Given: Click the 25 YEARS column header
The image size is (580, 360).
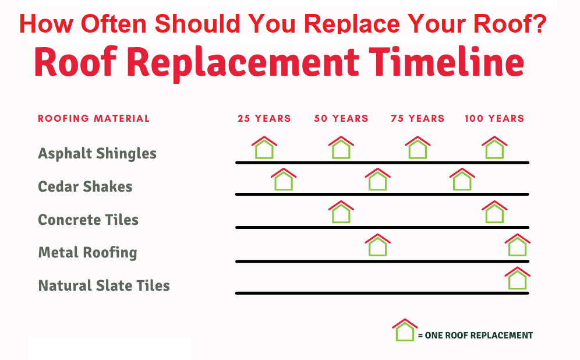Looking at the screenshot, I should [264, 118].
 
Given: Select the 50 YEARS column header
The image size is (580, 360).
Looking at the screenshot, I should [341, 118].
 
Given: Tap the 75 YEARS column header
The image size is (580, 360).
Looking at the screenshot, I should [418, 118].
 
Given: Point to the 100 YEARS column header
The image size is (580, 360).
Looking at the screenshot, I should [494, 118].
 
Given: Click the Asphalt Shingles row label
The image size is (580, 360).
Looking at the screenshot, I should [97, 154].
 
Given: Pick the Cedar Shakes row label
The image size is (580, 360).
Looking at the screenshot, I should [85, 187].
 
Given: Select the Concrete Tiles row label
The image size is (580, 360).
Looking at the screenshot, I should [88, 220].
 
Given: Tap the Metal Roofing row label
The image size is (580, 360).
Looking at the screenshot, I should [87, 253].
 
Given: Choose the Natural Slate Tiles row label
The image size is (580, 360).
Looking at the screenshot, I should [104, 286].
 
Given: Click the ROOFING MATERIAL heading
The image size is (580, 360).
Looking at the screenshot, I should [94, 118].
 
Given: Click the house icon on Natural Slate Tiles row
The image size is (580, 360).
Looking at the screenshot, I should [517, 279].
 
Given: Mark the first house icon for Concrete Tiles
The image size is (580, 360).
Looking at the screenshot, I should [341, 213].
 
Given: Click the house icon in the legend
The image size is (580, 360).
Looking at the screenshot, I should [405, 330].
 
